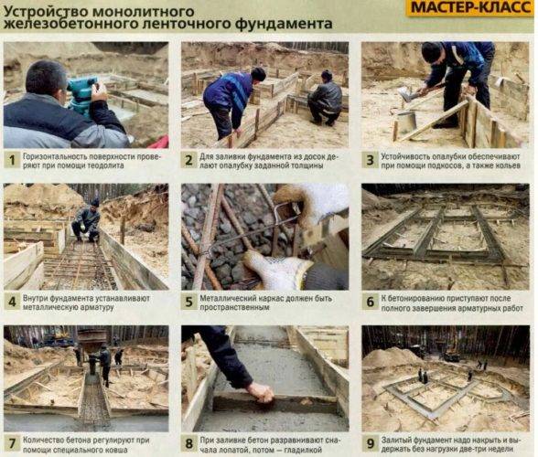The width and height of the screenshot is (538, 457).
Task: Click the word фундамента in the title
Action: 285,24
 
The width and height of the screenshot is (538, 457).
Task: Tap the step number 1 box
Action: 12,161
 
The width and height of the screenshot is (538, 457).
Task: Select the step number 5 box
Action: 188,302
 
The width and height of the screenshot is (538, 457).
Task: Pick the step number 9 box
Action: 371,444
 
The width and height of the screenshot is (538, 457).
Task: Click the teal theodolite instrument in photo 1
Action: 81,96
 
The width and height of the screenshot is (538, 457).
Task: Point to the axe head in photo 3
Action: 405,94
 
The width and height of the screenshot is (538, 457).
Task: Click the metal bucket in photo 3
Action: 406,122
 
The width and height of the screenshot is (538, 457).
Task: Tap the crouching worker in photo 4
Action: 86,221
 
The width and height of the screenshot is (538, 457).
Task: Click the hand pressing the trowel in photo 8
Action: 260,392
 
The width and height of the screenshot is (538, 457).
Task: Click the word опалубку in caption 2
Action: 241,165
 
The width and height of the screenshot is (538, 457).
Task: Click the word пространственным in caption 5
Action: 234,307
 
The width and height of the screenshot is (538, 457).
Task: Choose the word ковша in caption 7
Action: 116,450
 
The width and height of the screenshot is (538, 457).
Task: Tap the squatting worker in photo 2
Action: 325,99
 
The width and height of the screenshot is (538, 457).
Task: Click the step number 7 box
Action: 12,444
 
